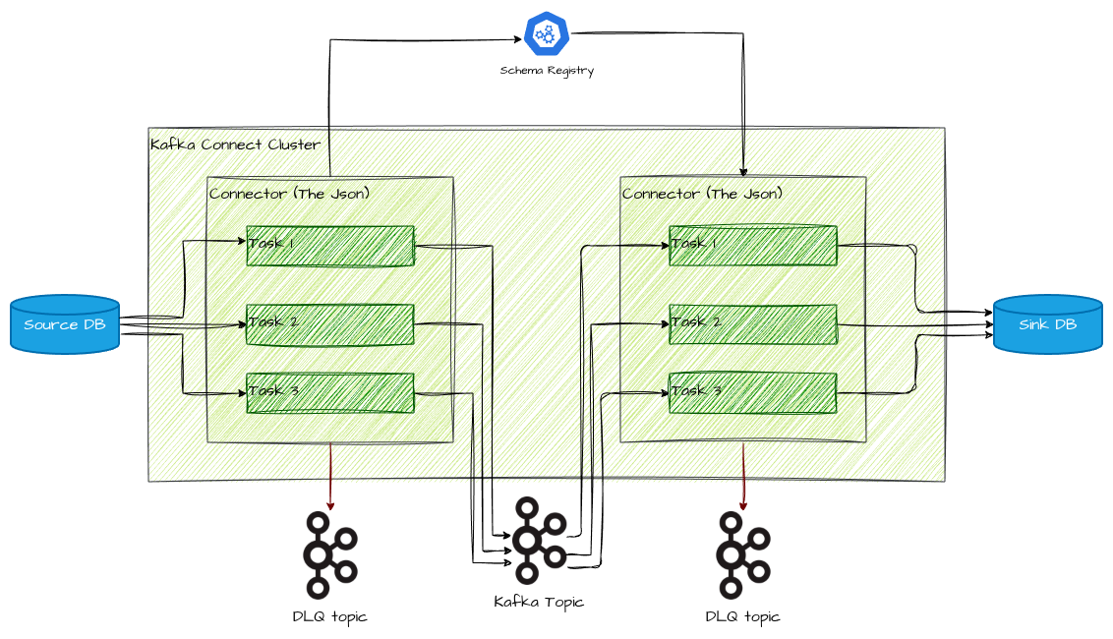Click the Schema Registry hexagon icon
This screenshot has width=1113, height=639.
click(547, 34)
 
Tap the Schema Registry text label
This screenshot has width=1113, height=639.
click(547, 71)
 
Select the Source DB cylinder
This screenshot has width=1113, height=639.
click(65, 323)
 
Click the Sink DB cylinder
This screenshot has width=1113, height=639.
click(1047, 323)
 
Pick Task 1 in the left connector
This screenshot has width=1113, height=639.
click(329, 246)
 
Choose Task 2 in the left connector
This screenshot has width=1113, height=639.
click(329, 324)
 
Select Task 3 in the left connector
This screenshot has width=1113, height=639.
click(329, 393)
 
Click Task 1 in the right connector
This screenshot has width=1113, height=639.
click(753, 246)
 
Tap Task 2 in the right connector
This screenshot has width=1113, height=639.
click(753, 324)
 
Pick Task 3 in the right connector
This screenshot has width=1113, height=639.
click(753, 393)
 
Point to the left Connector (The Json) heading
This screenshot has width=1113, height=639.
click(290, 194)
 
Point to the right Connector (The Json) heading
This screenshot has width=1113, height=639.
click(703, 194)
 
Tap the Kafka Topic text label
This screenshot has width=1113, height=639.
click(539, 602)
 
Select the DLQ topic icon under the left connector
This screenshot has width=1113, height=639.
click(329, 555)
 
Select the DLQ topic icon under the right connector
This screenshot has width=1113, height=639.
click(742, 555)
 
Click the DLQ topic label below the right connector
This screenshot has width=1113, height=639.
click(742, 616)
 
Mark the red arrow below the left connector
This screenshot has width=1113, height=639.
click(330, 477)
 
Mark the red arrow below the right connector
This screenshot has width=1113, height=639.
click(743, 477)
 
